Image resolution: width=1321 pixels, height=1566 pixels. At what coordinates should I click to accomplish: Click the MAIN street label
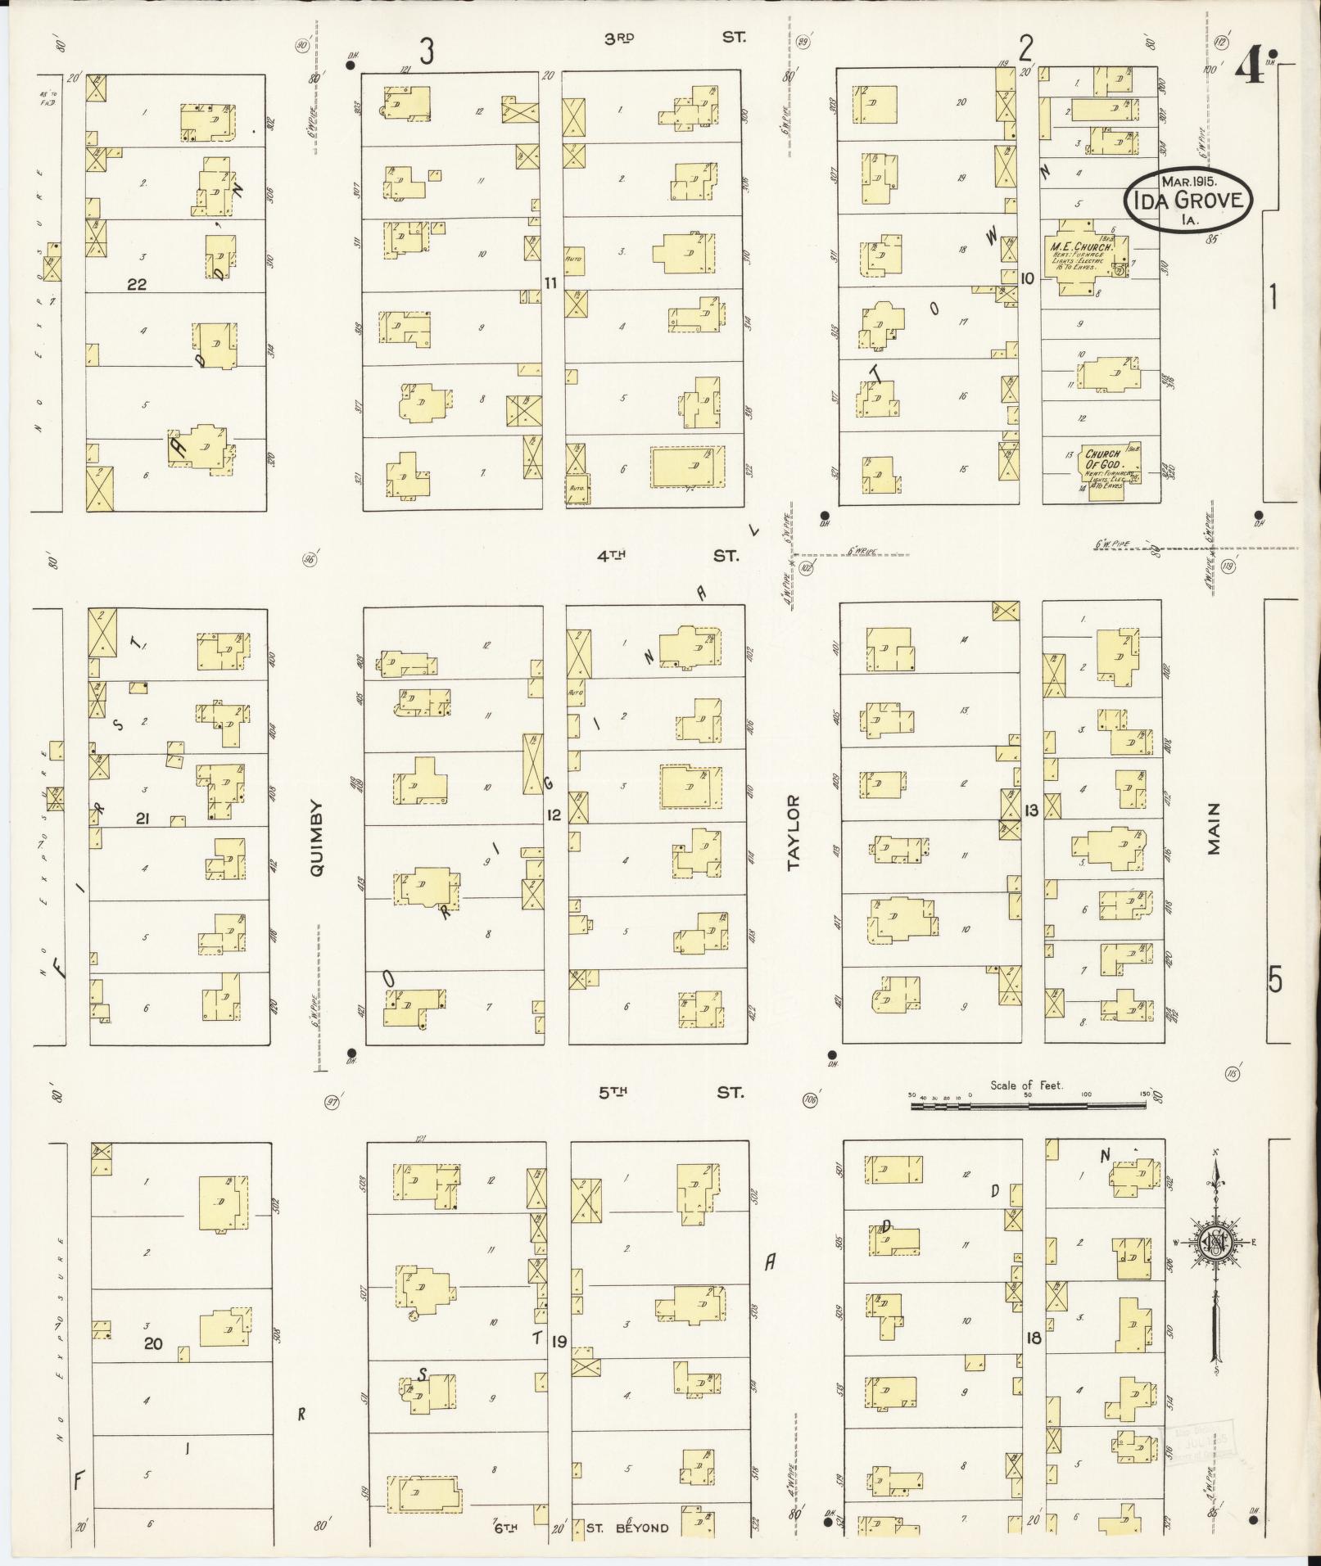tap(1214, 828)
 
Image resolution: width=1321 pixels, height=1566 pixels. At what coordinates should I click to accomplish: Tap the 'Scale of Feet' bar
tap(1028, 1105)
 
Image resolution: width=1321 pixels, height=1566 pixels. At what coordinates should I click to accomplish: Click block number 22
tap(136, 284)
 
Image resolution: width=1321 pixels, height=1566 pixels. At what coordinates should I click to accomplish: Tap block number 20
tap(153, 1343)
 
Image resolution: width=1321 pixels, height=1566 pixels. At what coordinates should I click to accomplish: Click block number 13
tap(1030, 810)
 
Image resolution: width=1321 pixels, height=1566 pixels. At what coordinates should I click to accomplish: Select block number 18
tap(1033, 1338)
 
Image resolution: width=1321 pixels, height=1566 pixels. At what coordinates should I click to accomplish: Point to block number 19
tap(559, 1341)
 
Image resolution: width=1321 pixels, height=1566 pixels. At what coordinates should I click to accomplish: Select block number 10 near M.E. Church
tap(1027, 279)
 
